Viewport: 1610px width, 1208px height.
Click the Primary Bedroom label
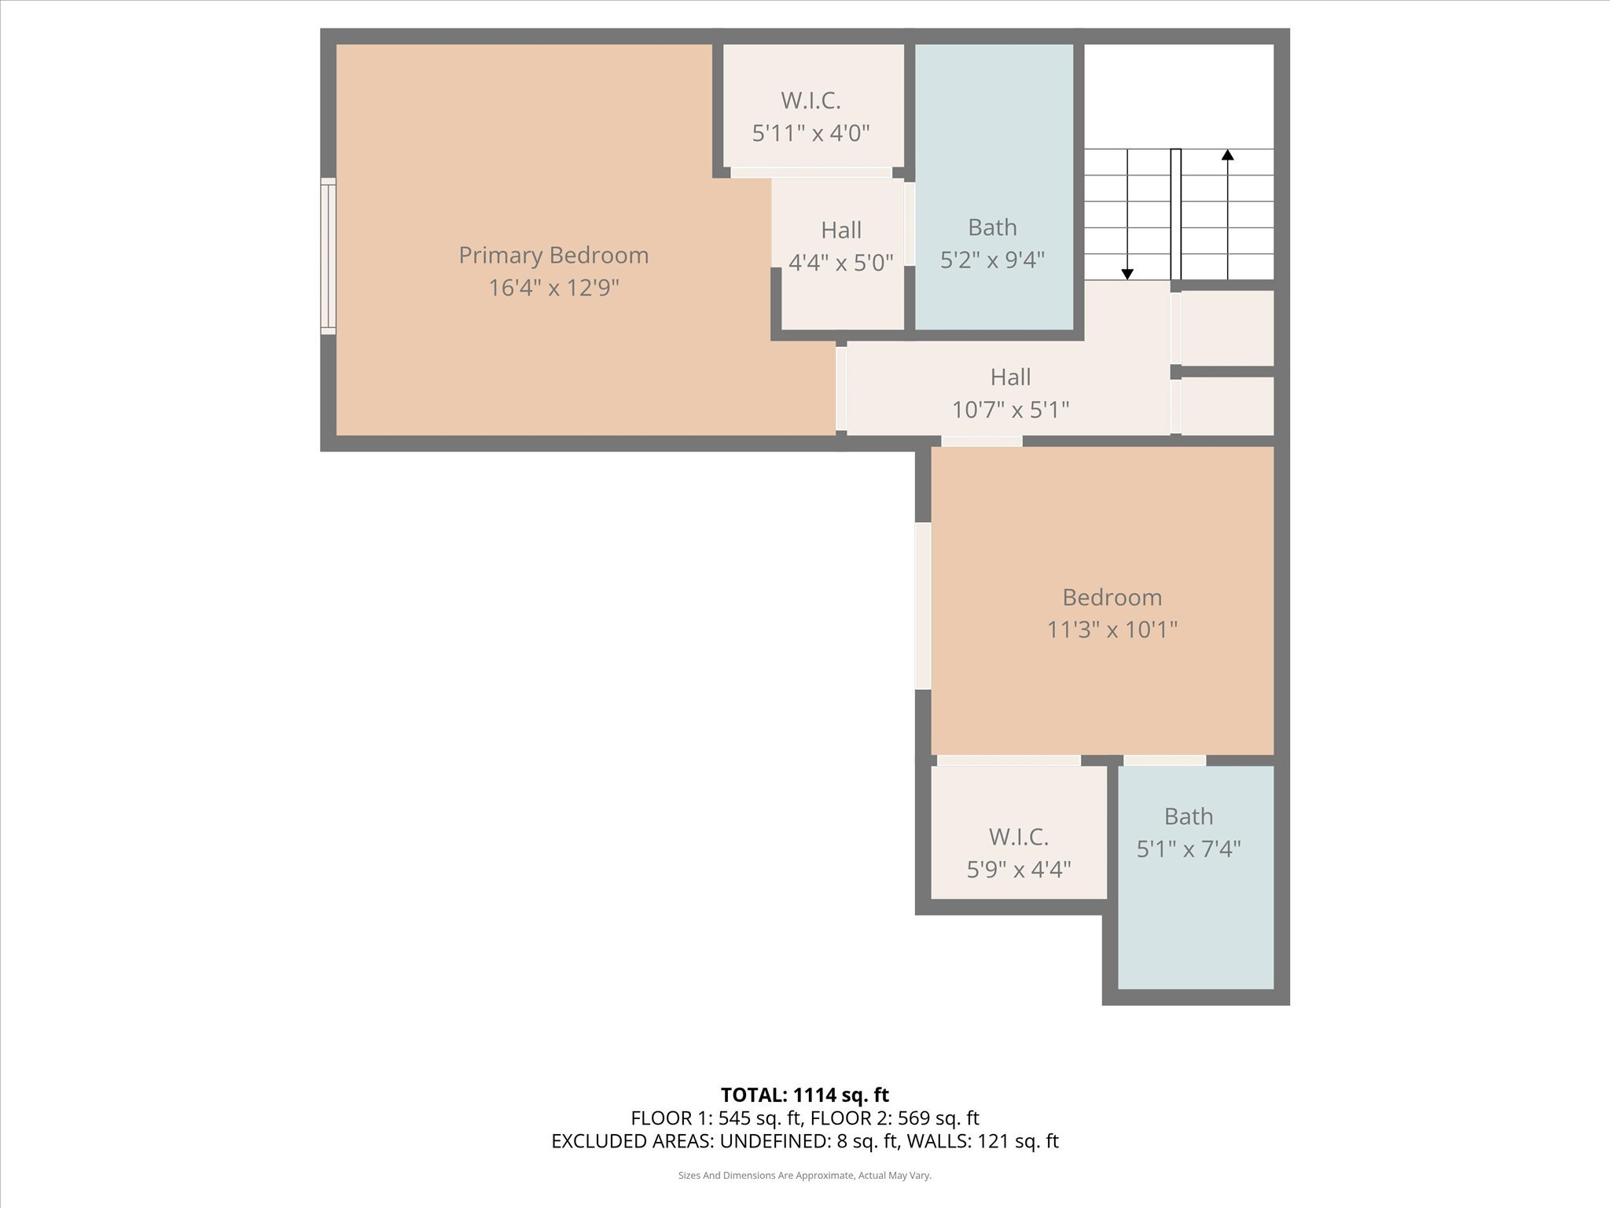553,256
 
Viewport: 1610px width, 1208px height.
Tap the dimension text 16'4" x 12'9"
553,288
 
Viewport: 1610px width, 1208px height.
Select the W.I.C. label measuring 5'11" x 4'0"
811,101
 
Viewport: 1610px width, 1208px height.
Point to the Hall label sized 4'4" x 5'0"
841,230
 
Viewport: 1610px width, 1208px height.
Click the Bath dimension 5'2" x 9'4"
992,260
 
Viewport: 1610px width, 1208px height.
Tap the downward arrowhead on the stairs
1127,274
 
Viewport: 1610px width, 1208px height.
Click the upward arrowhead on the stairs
1227,155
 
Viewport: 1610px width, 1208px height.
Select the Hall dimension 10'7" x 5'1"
1010,410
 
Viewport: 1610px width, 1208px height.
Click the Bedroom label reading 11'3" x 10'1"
1112,598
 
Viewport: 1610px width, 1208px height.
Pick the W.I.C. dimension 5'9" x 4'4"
1018,870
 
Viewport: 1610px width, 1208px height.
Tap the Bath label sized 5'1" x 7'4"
1188,817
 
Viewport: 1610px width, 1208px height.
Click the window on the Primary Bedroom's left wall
329,256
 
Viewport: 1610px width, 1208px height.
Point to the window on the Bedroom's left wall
923,606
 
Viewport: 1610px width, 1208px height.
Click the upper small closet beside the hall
1226,327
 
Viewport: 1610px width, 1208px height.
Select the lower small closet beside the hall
1226,405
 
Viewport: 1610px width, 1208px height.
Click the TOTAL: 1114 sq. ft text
804,1095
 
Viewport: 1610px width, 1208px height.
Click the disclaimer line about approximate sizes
804,1176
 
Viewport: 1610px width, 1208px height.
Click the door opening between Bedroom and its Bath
1164,761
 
